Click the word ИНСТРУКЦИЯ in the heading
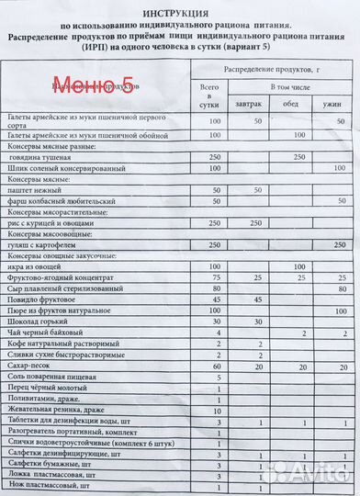(x=179, y=12)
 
